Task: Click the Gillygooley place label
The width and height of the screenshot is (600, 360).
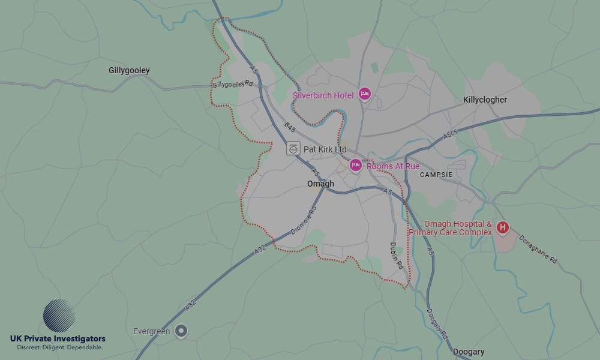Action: click(x=129, y=70)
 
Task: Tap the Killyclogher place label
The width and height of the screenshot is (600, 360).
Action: click(x=485, y=100)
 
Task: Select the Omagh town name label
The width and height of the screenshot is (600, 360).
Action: click(x=320, y=184)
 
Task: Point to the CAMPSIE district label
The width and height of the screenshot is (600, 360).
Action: click(x=436, y=175)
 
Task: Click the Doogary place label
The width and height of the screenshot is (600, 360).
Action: click(x=469, y=352)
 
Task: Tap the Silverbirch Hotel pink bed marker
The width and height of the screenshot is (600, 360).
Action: click(x=364, y=94)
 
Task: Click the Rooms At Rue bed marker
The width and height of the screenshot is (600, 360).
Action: click(x=356, y=165)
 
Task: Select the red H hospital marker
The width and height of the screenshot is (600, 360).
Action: click(x=503, y=227)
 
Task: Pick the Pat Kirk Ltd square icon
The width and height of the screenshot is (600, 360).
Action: click(x=293, y=148)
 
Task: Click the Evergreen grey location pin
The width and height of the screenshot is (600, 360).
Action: click(x=181, y=331)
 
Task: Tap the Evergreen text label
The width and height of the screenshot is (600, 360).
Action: click(x=151, y=331)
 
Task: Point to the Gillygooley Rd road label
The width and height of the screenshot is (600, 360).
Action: click(x=232, y=85)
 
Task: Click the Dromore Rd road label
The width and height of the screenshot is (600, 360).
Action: click(x=303, y=220)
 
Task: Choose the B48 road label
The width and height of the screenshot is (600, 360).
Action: click(x=290, y=127)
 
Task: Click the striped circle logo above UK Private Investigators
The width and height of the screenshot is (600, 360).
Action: click(x=59, y=316)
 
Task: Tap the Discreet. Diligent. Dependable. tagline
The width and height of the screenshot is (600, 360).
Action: click(x=59, y=347)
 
